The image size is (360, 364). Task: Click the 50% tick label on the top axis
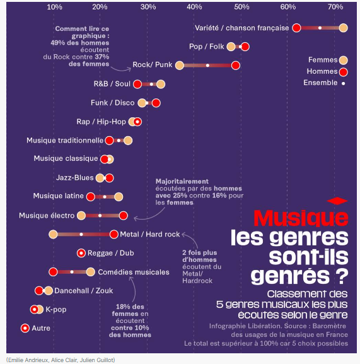[241, 7]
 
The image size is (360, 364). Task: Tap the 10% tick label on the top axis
[54, 7]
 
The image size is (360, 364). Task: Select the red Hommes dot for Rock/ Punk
[236, 66]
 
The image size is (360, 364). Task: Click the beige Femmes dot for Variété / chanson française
[344, 28]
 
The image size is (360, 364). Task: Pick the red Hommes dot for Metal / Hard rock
[114, 235]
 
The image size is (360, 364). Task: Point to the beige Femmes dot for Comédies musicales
[90, 272]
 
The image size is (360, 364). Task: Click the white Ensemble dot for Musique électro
[100, 216]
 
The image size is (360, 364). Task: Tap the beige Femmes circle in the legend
[344, 60]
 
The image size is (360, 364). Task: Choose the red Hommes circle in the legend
[344, 72]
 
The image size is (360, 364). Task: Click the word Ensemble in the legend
[320, 83]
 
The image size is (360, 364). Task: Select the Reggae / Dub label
[110, 253]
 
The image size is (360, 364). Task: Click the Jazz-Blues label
[74, 178]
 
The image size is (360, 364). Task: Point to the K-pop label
[56, 310]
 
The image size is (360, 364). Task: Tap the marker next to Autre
[25, 328]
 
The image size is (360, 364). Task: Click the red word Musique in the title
[301, 218]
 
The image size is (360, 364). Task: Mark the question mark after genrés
[342, 276]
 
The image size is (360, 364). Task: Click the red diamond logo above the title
[337, 201]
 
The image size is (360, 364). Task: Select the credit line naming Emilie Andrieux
[61, 360]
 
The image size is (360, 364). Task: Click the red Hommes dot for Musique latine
[90, 197]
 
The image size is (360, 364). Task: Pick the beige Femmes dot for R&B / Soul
[161, 84]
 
